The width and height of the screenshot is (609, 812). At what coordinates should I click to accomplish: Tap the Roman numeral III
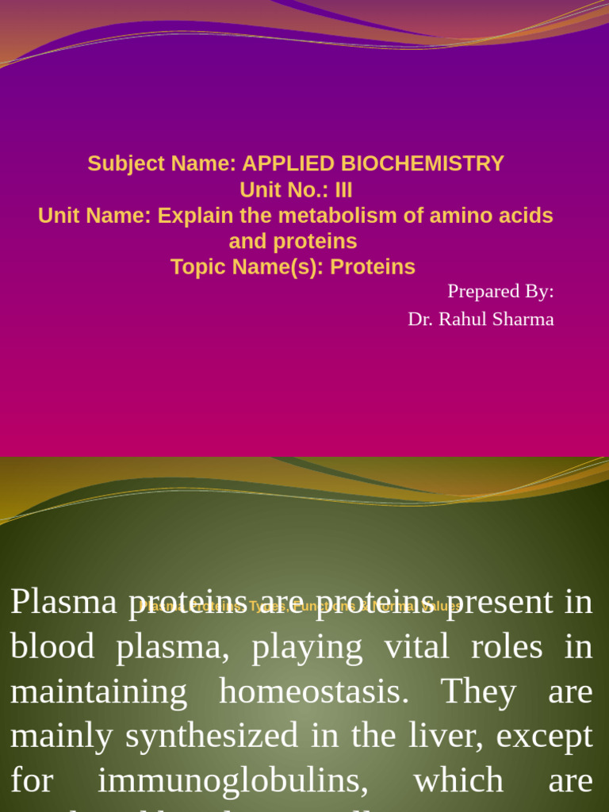pyautogui.click(x=343, y=190)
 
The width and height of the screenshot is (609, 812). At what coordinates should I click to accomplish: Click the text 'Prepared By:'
pyautogui.click(x=500, y=291)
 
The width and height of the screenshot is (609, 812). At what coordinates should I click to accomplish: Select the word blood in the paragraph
pyautogui.click(x=52, y=646)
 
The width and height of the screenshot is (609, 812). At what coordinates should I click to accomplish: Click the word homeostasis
pyautogui.click(x=314, y=691)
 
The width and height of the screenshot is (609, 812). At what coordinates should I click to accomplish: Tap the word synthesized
pyautogui.click(x=212, y=736)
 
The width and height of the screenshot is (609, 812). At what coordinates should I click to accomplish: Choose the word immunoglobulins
pyautogui.click(x=233, y=781)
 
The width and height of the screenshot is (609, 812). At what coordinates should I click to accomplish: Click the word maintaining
pyautogui.click(x=98, y=691)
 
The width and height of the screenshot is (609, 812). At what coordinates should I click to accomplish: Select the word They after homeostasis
pyautogui.click(x=478, y=691)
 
